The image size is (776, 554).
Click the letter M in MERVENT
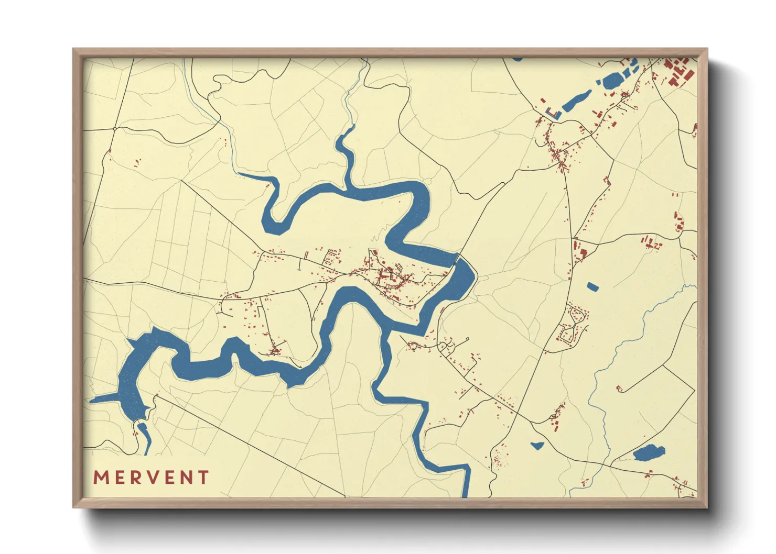point(101,478)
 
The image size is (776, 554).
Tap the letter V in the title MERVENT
point(152,478)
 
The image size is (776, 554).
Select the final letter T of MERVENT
point(203,478)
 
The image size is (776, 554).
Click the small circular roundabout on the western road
point(114,128)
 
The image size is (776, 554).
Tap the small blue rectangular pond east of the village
point(592,286)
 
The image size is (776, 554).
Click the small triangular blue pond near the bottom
point(537,446)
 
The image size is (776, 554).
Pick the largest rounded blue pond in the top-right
point(613,80)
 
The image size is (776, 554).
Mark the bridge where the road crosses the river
point(458,257)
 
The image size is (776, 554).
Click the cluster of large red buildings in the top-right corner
point(677,71)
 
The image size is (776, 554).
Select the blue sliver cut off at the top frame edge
point(517,59)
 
